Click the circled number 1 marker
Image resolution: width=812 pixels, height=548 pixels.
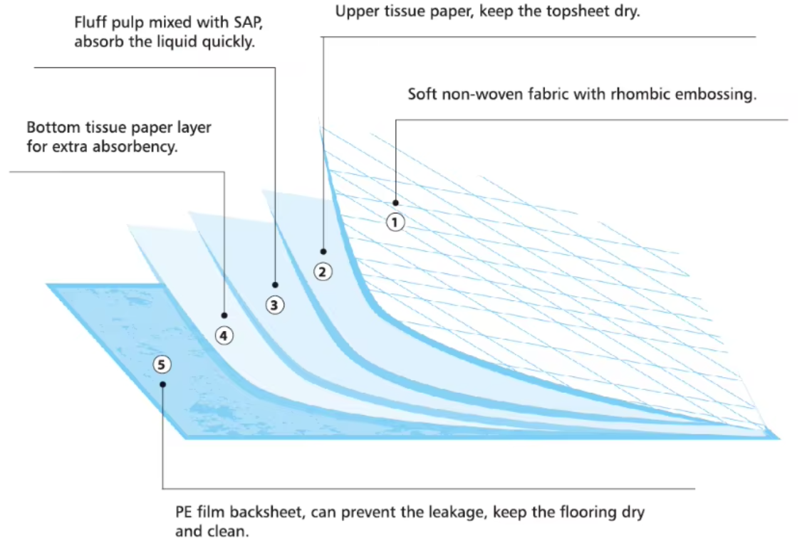395,223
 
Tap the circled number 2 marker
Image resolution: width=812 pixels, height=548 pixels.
323,272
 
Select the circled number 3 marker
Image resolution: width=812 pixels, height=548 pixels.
274,305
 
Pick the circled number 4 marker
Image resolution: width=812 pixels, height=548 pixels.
224,336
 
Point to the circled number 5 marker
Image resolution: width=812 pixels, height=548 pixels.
162,365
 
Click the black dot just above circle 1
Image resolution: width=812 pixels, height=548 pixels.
395,203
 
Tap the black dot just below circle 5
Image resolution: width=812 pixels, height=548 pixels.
162,384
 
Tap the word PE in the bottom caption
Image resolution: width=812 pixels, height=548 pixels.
184,512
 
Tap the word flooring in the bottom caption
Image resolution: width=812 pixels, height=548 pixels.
586,512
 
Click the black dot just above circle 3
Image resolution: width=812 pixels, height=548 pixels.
275,285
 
